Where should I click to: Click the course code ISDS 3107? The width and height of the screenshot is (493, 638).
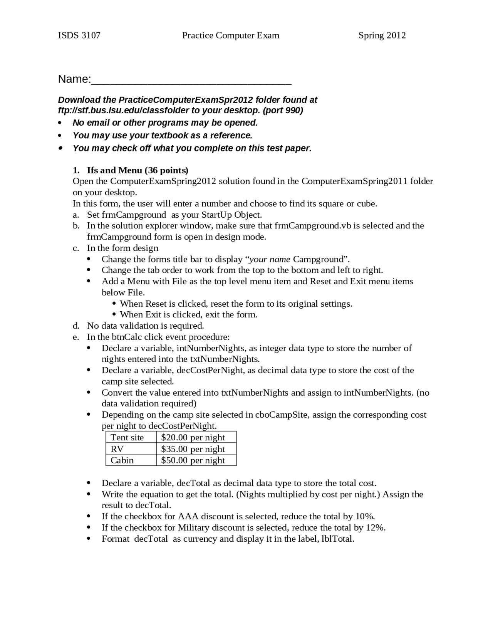click(79, 35)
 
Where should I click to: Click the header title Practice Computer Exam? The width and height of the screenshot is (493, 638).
click(230, 35)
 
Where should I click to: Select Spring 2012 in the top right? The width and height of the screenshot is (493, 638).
click(382, 35)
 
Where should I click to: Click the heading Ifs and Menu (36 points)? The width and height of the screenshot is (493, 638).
click(138, 170)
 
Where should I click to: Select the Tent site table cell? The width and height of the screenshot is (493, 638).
click(127, 437)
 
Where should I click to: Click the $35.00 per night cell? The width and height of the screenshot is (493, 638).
click(193, 449)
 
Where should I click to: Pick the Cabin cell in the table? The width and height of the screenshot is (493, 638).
click(122, 460)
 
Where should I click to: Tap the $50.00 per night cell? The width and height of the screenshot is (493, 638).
click(193, 460)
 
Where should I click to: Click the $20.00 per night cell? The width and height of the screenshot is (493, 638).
click(193, 437)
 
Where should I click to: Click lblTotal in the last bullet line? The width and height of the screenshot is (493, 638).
click(337, 539)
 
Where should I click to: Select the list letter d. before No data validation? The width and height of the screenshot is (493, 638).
click(76, 326)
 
